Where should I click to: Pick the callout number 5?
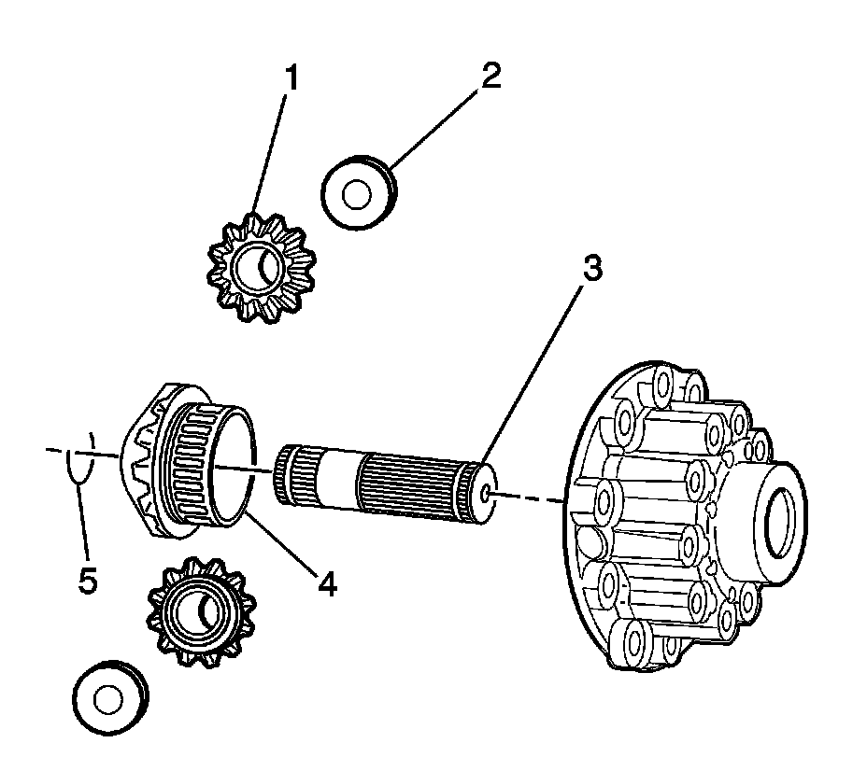(87, 582)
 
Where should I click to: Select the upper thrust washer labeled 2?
(358, 193)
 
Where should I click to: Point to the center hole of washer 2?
(355, 195)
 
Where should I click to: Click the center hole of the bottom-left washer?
(107, 699)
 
